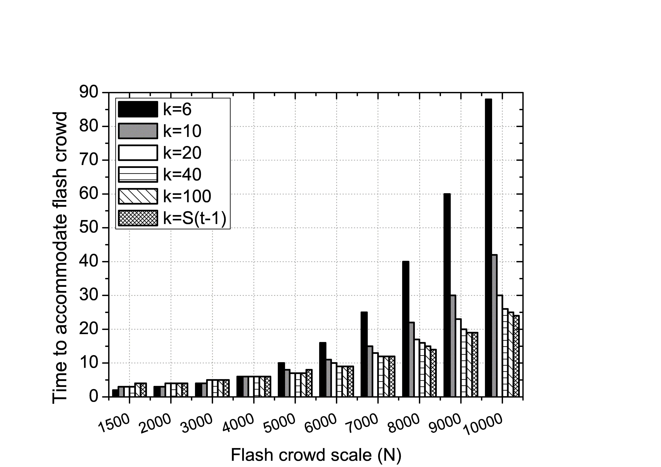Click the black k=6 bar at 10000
[489, 248]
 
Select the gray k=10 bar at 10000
[494, 325]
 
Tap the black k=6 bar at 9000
[447, 295]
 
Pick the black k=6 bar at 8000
[406, 329]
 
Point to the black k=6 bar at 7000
[364, 354]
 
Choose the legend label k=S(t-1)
[195, 218]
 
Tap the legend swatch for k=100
[138, 196]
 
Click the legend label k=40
[182, 174]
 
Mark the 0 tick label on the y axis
[94, 397]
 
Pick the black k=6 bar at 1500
[115, 393]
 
